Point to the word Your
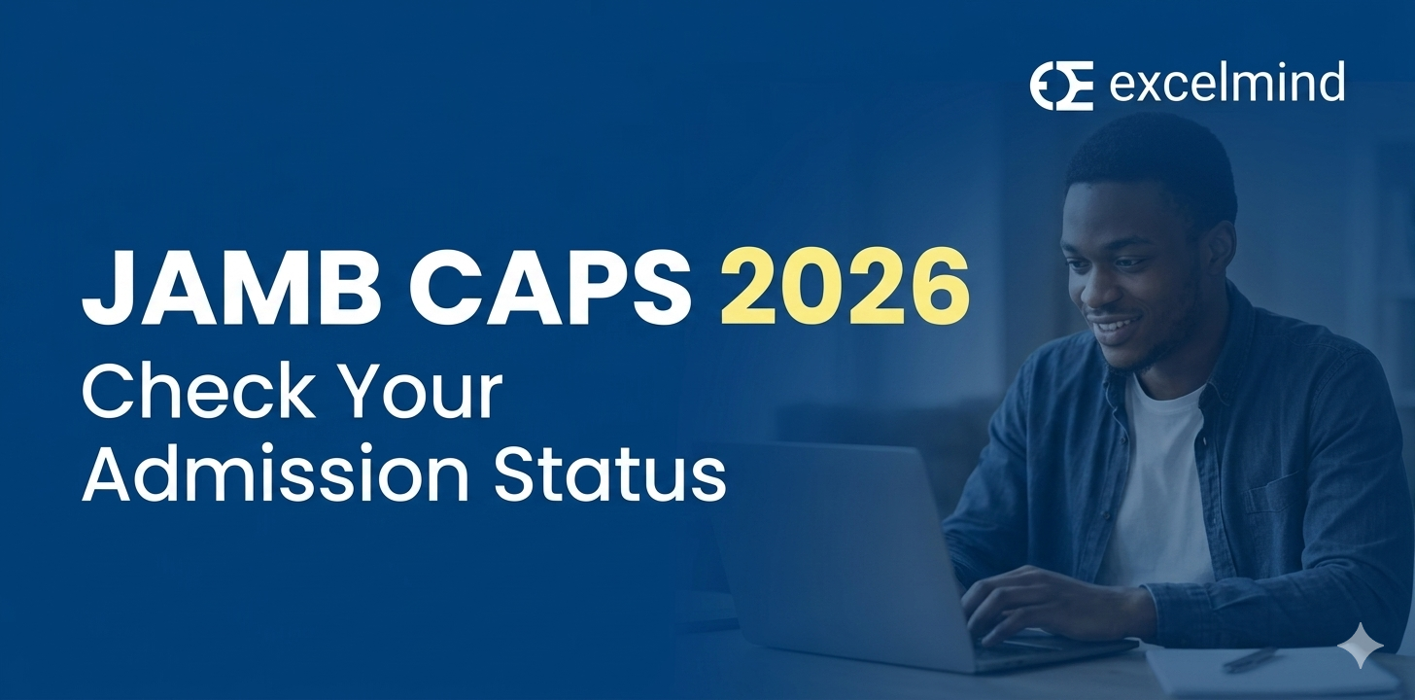(x=430, y=396)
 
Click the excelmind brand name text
(x=1226, y=84)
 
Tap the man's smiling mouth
(x=1118, y=324)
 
